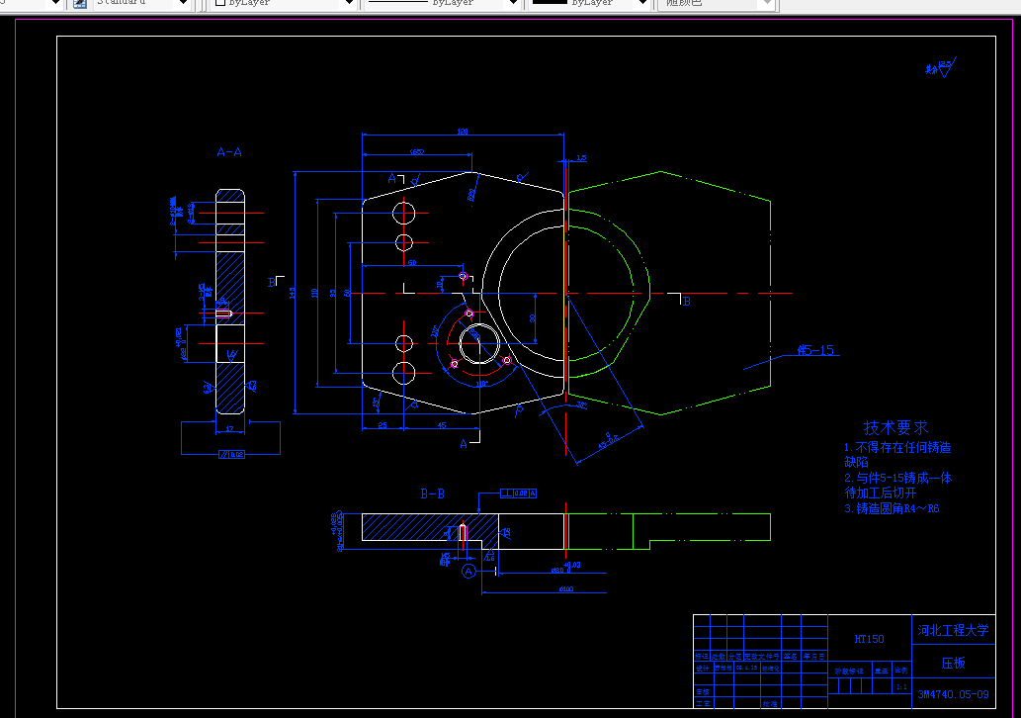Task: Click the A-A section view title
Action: pos(229,152)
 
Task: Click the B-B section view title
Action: pos(432,493)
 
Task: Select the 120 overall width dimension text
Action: pos(462,131)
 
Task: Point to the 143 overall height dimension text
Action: pos(292,293)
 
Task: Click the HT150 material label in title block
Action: pos(869,640)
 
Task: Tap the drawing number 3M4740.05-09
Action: pos(953,694)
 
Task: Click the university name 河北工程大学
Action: pos(953,631)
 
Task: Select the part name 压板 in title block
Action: pos(953,663)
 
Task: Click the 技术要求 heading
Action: pos(896,428)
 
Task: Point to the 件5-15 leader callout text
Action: pos(816,350)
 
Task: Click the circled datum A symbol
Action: pos(469,571)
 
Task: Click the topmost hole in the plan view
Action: pos(403,213)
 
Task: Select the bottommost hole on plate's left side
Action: pos(403,373)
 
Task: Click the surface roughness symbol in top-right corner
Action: pos(939,68)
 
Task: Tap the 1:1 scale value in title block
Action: pos(900,685)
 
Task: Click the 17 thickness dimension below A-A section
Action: pos(229,428)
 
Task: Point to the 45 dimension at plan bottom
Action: pos(441,425)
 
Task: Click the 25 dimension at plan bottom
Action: pos(383,425)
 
